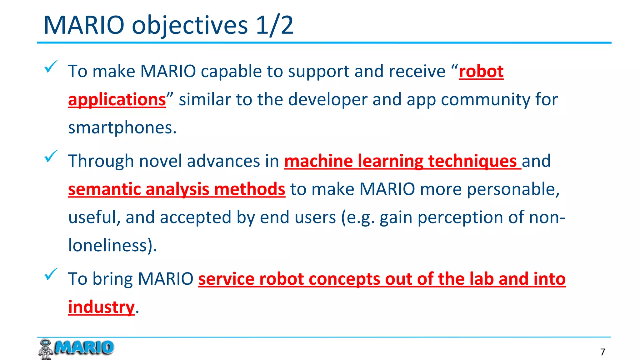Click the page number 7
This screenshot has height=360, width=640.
602,352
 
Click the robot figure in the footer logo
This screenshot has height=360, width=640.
46,349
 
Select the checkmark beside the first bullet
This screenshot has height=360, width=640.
51,67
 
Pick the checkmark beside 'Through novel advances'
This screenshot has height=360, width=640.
51,156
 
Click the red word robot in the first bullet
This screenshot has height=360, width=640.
481,71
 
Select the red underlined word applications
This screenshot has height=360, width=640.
117,100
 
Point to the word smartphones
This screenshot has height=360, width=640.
122,128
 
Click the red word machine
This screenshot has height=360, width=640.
318,161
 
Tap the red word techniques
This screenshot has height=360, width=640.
472,161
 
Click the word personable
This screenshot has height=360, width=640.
512,189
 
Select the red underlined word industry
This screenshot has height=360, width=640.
101,307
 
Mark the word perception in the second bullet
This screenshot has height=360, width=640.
460,217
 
